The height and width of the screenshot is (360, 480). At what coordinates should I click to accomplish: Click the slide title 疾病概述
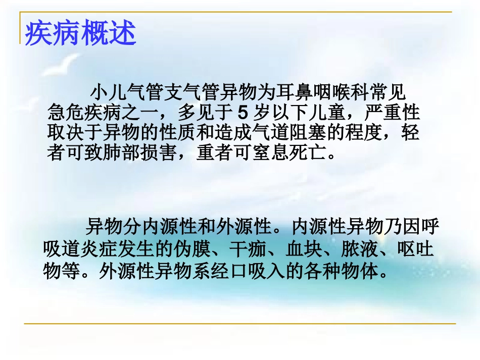80,33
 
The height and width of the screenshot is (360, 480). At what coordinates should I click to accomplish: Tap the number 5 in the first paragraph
244,110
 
